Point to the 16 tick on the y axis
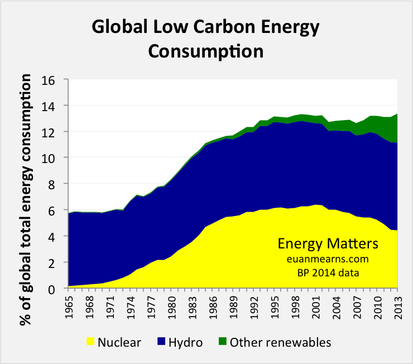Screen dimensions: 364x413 [51, 80]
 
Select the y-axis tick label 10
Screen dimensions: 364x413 [51, 158]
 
